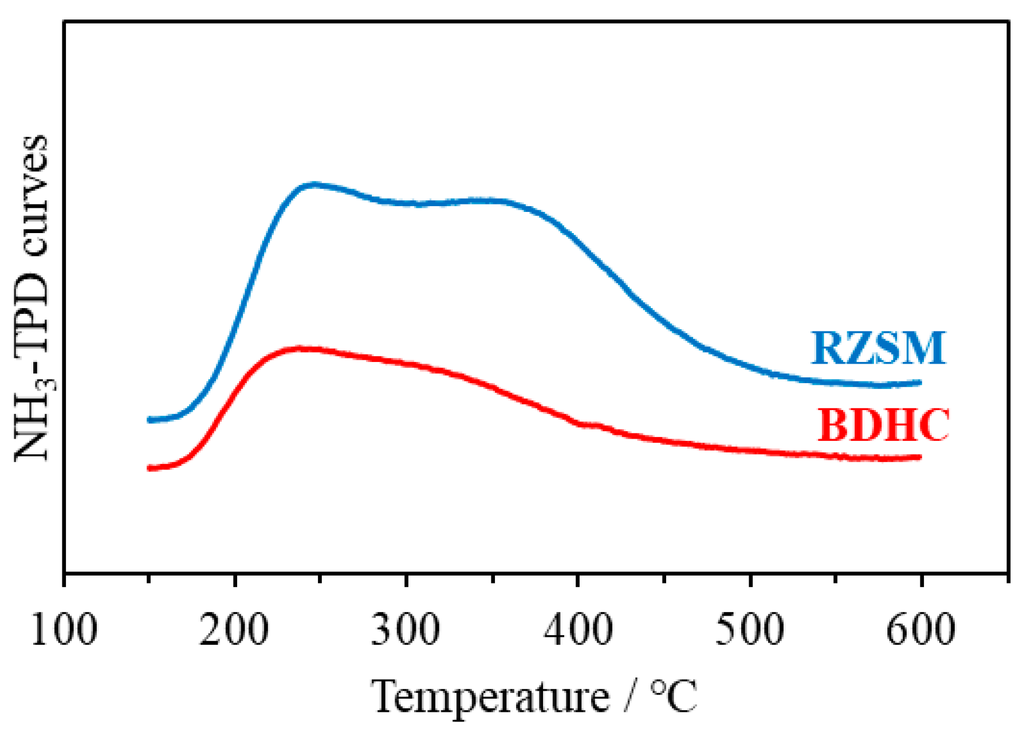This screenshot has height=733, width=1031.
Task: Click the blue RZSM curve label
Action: point(877,349)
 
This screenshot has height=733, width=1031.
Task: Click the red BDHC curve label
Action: point(883,425)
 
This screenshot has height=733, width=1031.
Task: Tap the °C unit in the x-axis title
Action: point(674,696)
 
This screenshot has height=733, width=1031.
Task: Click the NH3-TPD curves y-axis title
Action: point(32,298)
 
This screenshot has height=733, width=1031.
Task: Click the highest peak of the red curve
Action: point(301,348)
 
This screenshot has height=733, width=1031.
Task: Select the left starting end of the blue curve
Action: point(149,420)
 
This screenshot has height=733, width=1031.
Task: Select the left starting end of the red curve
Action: point(149,468)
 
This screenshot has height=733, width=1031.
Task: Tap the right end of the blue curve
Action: point(920,382)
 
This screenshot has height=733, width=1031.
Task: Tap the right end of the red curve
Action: point(920,457)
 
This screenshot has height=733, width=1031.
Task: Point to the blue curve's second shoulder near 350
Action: point(487,200)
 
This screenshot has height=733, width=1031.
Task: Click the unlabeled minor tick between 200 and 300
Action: point(320,580)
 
